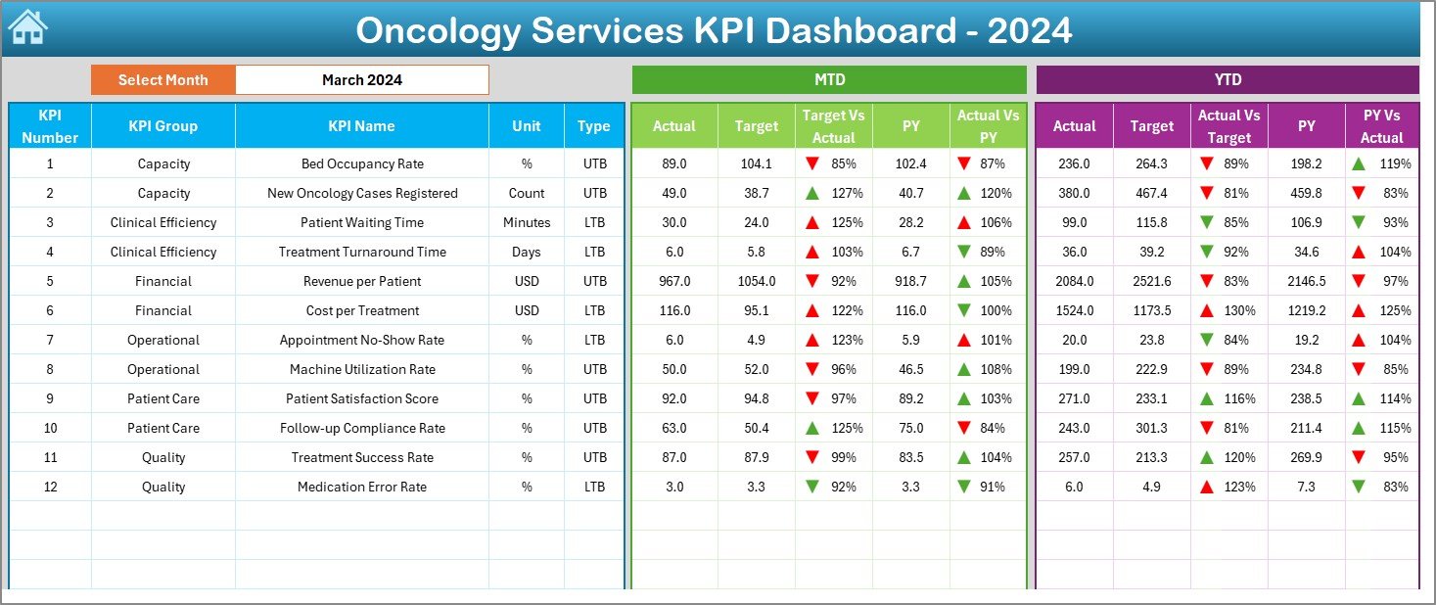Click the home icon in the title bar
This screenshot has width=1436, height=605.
(x=26, y=27)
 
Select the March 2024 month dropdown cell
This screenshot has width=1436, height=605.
(x=361, y=80)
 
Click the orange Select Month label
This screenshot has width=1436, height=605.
(x=162, y=80)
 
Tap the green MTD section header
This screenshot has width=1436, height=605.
(x=829, y=80)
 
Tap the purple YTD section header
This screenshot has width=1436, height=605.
(x=1227, y=80)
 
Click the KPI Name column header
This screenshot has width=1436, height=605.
(x=361, y=126)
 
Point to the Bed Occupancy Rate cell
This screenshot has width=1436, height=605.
(x=362, y=163)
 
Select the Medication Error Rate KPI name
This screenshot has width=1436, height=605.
(x=362, y=487)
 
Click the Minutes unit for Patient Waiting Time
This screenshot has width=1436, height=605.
(x=527, y=222)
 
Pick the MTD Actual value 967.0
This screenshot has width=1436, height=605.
(x=673, y=281)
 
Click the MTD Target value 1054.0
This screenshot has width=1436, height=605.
(x=757, y=281)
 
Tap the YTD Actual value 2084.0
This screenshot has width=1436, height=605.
(x=1074, y=281)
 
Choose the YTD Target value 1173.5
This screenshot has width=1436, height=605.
(x=1151, y=310)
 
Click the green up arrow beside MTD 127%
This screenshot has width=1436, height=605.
(x=811, y=193)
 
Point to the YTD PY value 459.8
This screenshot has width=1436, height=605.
(x=1306, y=193)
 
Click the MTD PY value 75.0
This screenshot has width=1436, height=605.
(x=910, y=428)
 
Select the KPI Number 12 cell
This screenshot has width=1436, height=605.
(x=50, y=487)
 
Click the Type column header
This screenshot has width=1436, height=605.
(x=593, y=126)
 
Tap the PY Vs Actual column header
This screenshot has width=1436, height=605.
(x=1381, y=126)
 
